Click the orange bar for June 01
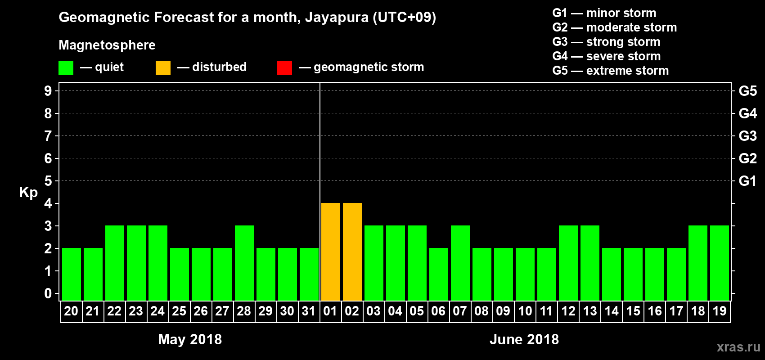coord(331,252)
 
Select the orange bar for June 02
coord(352,252)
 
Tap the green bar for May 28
coord(244,263)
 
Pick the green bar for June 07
coord(460,263)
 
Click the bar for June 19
coord(720,263)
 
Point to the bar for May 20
coord(72,274)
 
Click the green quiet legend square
coord(66,68)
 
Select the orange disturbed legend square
coord(163,68)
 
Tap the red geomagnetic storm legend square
coord(284,68)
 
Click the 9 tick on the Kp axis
coord(48,91)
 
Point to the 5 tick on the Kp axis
coord(48,181)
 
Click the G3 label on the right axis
coord(747,136)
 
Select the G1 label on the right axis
coord(747,181)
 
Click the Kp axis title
coord(28,193)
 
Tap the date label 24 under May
coord(157,311)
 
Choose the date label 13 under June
coord(590,311)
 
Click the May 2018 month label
coord(190,339)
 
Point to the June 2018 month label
coord(524,339)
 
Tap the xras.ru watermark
coord(738,347)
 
